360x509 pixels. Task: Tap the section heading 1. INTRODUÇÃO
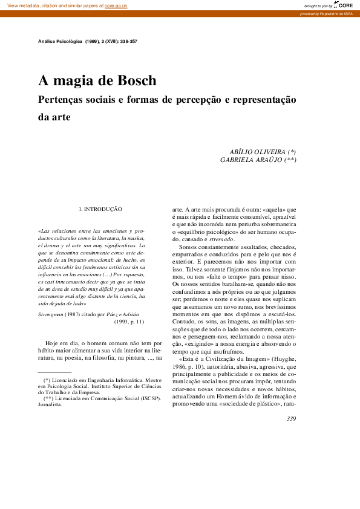tap(100, 209)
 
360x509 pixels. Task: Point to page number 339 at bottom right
tap(291, 419)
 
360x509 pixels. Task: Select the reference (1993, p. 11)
tap(129, 322)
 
